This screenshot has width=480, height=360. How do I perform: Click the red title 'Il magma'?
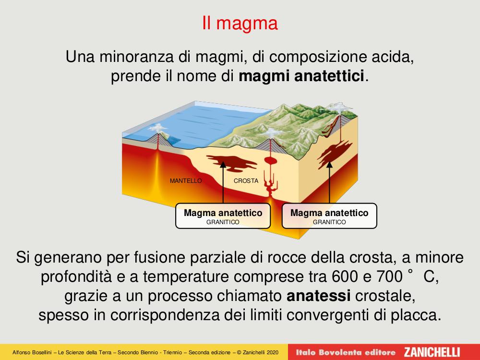[x=240, y=23]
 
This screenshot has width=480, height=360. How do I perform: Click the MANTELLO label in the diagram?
[x=186, y=181]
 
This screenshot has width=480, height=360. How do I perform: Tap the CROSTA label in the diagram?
[x=246, y=181]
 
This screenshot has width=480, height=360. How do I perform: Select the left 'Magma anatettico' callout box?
[x=223, y=216]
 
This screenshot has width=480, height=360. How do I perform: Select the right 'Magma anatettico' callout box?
[x=329, y=216]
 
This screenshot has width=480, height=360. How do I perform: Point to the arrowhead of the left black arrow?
[x=223, y=165]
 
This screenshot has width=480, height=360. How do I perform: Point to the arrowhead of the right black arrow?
[x=329, y=165]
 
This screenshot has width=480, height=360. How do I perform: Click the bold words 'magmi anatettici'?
[x=301, y=76]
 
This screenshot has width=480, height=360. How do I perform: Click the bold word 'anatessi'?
[x=319, y=296]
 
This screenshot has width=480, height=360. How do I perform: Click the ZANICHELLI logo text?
[x=432, y=352]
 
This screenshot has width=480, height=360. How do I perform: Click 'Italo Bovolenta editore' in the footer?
[x=346, y=352]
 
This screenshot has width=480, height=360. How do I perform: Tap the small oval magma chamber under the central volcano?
[x=271, y=160]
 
